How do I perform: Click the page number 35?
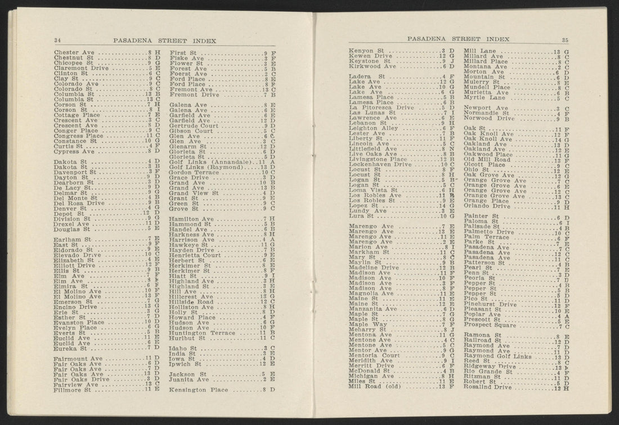[564, 39]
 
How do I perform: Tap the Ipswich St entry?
[186, 364]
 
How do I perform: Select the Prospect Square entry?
[489, 325]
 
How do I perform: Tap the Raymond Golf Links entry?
[497, 356]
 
